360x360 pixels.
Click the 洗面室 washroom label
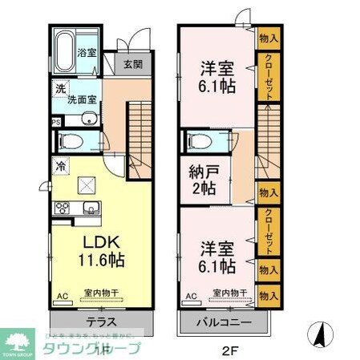[x=80, y=99]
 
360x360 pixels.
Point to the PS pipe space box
[x=55, y=123]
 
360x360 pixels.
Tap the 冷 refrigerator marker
[x=60, y=166]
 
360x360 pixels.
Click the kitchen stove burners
[x=61, y=209]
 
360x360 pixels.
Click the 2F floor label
[x=227, y=350]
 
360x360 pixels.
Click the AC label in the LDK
[x=61, y=297]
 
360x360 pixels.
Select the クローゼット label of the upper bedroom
[x=269, y=76]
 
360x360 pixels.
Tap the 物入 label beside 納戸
[x=268, y=193]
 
